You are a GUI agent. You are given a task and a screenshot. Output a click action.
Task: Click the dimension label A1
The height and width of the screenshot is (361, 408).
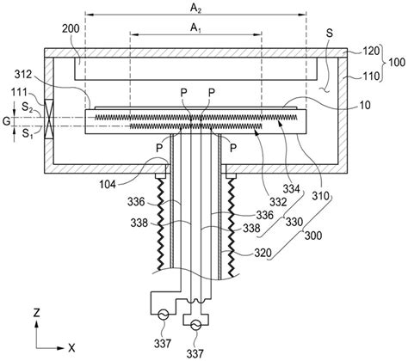(x=195, y=28)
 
